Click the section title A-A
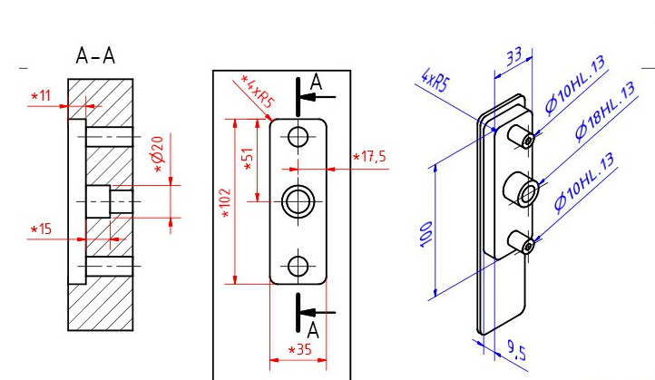tap(95, 57)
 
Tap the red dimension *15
tap(42, 230)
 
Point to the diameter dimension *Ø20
tap(161, 154)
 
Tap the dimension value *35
tap(299, 349)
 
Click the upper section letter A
tap(316, 83)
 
